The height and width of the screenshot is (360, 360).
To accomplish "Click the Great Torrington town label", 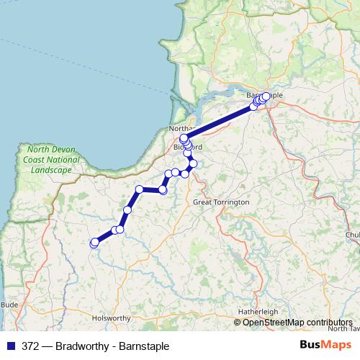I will click(x=221, y=202).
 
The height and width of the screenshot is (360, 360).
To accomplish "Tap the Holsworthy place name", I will click(x=110, y=318).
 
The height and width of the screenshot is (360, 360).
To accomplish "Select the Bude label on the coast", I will click(x=9, y=305).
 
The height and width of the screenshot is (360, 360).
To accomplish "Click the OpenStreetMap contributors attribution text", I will click(x=297, y=323).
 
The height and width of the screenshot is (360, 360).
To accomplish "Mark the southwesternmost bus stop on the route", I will click(x=94, y=243).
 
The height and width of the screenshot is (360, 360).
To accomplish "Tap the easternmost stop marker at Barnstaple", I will click(x=266, y=96).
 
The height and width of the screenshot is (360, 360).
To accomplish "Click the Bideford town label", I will click(x=189, y=147).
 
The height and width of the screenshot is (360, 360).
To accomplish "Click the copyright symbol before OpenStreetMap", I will click(x=238, y=323).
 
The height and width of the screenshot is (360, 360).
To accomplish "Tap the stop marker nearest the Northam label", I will click(x=184, y=138).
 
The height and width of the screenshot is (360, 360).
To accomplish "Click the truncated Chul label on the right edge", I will click(x=352, y=234).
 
